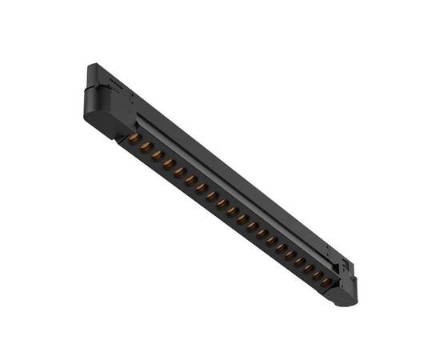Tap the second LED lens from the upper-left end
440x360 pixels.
pyautogui.click(x=146, y=147)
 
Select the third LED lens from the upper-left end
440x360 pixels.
pyautogui.click(x=158, y=155)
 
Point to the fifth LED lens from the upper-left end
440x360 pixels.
pyautogui.click(x=180, y=172)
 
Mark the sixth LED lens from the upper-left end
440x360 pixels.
pyautogui.click(x=191, y=181)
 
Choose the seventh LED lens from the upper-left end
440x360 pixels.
pyautogui.click(x=202, y=188)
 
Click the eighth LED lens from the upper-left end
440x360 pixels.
pyautogui.click(x=212, y=196)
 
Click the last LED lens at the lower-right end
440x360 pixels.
pyautogui.click(x=326, y=282)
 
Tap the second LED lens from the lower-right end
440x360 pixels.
pyautogui.click(x=318, y=275)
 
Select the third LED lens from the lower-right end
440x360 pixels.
pyautogui.click(x=308, y=268)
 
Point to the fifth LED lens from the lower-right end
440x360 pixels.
pyautogui.click(x=290, y=254)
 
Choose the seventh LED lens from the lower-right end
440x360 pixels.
pyautogui.click(x=271, y=241)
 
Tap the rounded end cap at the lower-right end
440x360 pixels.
pyautogui.click(x=345, y=295)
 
